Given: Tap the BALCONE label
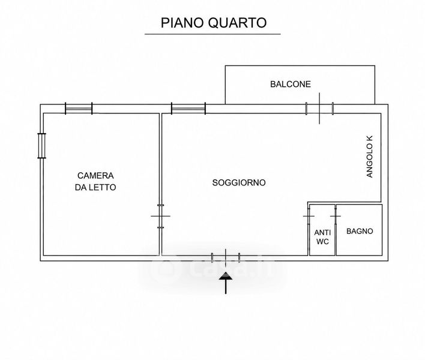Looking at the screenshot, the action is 291,84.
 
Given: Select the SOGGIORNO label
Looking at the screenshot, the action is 239,182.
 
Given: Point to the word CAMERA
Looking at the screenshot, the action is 95,176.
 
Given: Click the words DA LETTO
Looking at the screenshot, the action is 95,187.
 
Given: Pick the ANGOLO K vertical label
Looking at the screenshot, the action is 370,157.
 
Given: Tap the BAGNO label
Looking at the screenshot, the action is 360,231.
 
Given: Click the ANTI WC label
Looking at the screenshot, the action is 322,237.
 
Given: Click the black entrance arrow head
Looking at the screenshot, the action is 226,276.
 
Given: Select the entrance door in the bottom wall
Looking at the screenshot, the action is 226,257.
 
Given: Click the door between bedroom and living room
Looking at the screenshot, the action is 160,216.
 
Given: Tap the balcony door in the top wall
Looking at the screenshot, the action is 319,109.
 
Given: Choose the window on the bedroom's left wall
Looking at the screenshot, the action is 41,146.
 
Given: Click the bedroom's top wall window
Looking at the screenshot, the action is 79,109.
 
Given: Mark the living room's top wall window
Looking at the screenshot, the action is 188,109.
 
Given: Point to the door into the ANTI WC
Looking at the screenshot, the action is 309,216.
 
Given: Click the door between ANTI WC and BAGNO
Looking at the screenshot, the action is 336,216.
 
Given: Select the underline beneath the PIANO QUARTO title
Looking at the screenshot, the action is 212,34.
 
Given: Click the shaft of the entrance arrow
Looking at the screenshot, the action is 226,287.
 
